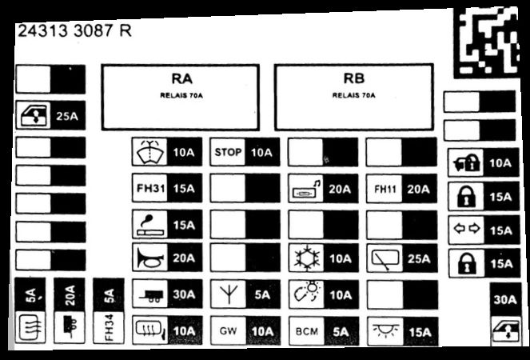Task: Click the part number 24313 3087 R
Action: (x=74, y=31)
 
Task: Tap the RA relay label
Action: (x=181, y=78)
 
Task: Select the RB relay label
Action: (x=354, y=78)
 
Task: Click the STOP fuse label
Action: (x=228, y=152)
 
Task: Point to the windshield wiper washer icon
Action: (x=149, y=152)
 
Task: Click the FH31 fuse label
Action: (x=150, y=188)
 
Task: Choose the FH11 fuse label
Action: (x=385, y=189)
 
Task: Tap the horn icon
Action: (x=150, y=258)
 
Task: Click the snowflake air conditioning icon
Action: (x=307, y=258)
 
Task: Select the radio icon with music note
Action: (x=307, y=190)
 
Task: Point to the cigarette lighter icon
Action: (x=150, y=225)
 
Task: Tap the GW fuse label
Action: (x=228, y=330)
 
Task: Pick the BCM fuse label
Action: (x=307, y=331)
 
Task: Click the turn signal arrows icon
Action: (x=467, y=229)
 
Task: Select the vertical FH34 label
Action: (x=109, y=327)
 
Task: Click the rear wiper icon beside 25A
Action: (x=385, y=259)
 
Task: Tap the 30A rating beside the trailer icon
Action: (x=184, y=294)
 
